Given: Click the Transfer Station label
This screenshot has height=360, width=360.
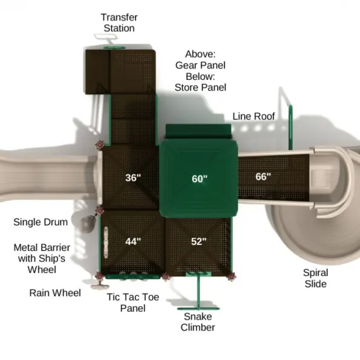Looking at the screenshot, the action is (x=119, y=23).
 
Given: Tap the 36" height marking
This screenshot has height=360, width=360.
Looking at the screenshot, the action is (x=133, y=178).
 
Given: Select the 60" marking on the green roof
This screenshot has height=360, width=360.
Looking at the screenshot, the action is (x=200, y=179).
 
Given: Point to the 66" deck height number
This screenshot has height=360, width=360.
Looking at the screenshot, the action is (x=263, y=177).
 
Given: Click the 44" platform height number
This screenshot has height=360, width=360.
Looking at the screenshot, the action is (x=133, y=241).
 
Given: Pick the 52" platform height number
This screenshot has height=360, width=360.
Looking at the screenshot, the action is (x=199, y=241).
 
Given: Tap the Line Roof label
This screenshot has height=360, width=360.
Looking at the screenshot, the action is (x=254, y=116).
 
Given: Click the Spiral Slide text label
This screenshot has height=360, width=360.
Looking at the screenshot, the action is (x=316, y=278).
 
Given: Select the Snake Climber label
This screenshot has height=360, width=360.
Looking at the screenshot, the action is (x=198, y=322).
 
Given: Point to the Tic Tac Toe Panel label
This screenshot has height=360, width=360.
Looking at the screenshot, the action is (x=133, y=303).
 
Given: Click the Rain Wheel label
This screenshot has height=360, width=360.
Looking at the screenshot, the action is (x=55, y=293).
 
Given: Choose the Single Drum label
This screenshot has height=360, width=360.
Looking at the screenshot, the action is (x=41, y=222).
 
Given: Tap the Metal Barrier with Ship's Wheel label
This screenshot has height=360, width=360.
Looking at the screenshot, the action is (x=42, y=258).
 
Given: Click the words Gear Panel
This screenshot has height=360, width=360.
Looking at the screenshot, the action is (x=200, y=65).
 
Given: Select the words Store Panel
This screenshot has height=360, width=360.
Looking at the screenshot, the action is (x=200, y=88).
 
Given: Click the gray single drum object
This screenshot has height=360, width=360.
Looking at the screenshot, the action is (x=88, y=224).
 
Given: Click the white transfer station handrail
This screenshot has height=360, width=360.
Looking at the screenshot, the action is (x=106, y=37).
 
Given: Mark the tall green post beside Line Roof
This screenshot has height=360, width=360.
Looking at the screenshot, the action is (x=290, y=128).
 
